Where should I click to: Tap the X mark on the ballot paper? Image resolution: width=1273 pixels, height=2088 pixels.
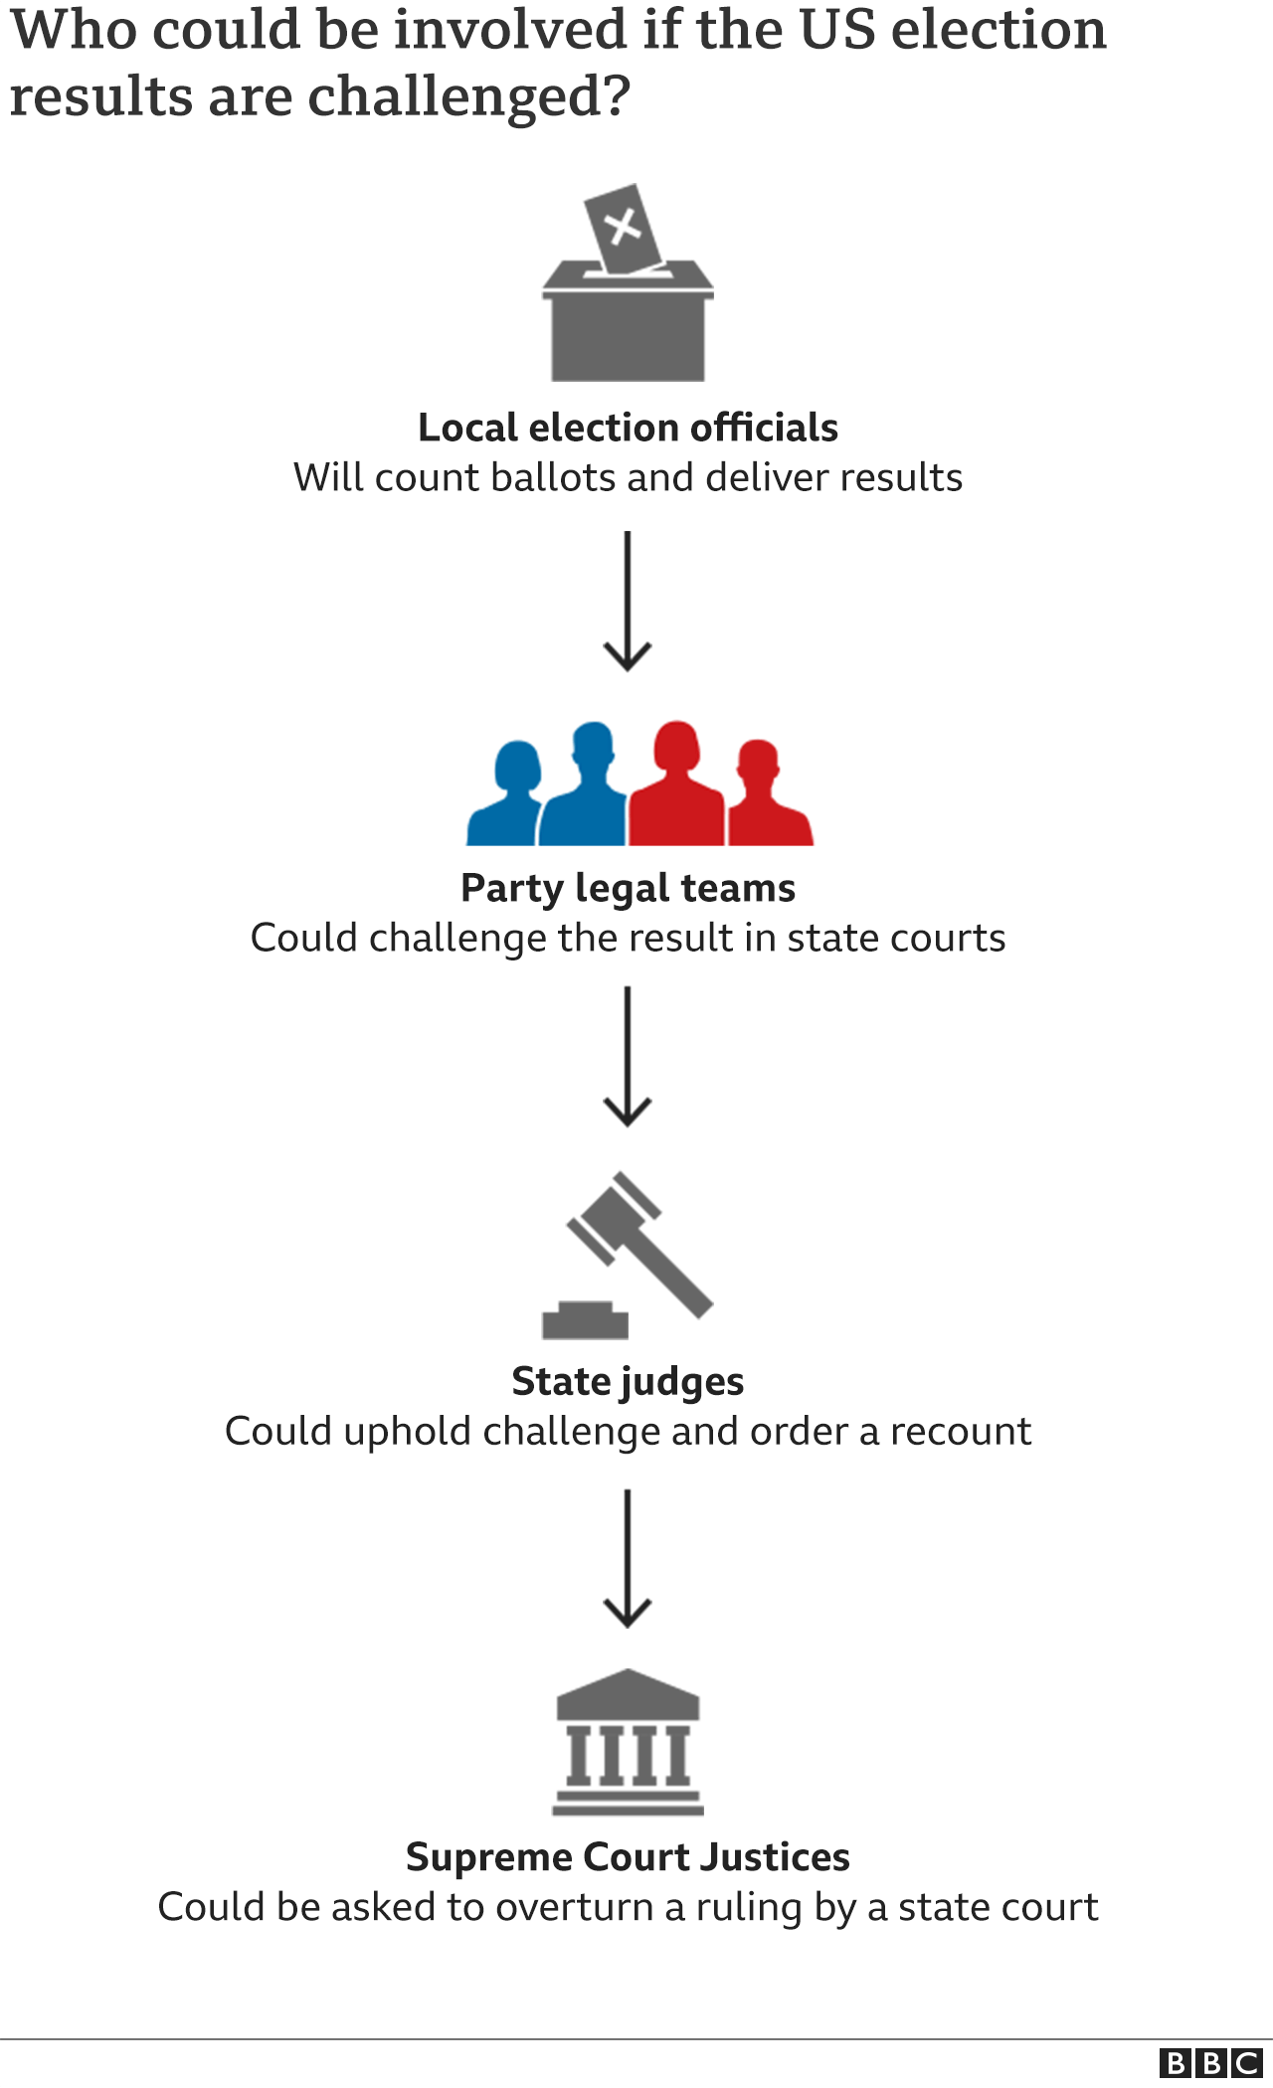point(625,226)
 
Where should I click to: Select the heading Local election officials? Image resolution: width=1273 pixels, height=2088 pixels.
point(628,428)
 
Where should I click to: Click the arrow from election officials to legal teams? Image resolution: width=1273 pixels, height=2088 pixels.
point(628,602)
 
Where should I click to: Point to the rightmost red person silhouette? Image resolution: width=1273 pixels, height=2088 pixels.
point(766,800)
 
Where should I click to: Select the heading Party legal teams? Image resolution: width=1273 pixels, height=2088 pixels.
point(628,888)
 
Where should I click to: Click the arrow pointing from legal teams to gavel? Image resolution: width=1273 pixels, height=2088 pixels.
point(628,1056)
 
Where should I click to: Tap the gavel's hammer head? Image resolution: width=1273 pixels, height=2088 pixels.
point(615,1219)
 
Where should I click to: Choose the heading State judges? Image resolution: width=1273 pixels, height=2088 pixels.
point(628,1382)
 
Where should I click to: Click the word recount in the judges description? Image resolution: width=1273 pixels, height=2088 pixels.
point(961,1432)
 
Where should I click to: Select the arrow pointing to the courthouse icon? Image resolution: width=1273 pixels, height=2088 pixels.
point(628,1558)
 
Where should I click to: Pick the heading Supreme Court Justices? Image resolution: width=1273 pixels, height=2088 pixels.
point(628,1857)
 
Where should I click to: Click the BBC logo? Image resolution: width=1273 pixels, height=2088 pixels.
point(1210,2063)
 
